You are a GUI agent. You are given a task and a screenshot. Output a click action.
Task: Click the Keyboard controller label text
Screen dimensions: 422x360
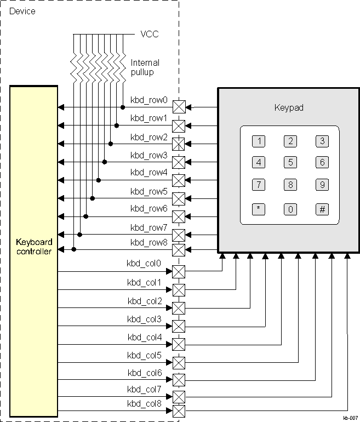coord(34,247)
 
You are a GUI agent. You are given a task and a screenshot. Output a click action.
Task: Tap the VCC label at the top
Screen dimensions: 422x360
coord(150,34)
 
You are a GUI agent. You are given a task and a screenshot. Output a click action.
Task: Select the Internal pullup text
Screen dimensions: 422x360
coord(145,67)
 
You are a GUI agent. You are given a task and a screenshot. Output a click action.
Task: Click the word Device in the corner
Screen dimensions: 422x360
coord(22,11)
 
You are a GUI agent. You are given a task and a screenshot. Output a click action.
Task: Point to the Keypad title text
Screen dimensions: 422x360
coord(289,108)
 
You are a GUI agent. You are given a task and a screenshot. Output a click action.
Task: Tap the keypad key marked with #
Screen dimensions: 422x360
coord(322,209)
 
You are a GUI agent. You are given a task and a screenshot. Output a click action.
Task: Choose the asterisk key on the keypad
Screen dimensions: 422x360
coord(258,209)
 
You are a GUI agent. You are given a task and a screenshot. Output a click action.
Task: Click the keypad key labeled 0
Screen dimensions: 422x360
coord(290,209)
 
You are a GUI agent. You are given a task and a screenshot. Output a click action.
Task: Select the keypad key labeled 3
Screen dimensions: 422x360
coord(322,141)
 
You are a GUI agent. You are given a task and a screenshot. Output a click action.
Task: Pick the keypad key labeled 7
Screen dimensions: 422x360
coord(258,185)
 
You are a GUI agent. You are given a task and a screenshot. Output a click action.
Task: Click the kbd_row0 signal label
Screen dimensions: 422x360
coord(148,100)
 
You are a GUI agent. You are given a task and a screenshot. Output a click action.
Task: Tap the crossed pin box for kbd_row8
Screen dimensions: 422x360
coord(179,250)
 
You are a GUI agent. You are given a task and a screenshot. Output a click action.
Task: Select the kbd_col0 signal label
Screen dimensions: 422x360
coord(144,264)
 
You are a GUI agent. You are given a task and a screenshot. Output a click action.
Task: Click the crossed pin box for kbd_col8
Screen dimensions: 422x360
coord(179,411)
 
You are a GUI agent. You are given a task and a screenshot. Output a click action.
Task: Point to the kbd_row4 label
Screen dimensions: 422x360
coord(148,173)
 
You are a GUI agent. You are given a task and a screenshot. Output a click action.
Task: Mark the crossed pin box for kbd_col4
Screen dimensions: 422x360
coord(179,344)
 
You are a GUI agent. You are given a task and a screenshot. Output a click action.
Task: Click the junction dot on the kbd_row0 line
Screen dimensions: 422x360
coord(122,107)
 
